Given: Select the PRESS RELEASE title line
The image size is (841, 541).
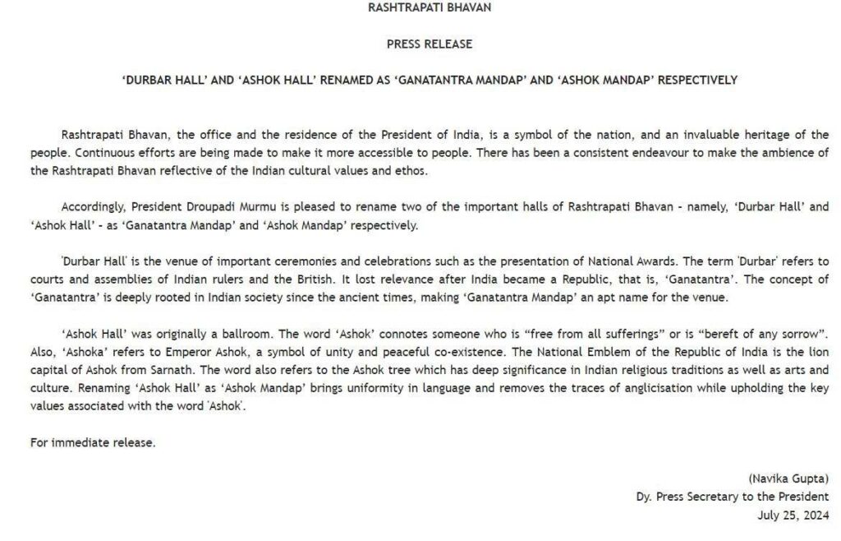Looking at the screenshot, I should pos(429,44).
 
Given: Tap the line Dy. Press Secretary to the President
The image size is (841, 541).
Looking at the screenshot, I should pos(733,497).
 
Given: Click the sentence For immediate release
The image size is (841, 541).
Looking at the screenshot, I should pos(93,442).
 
